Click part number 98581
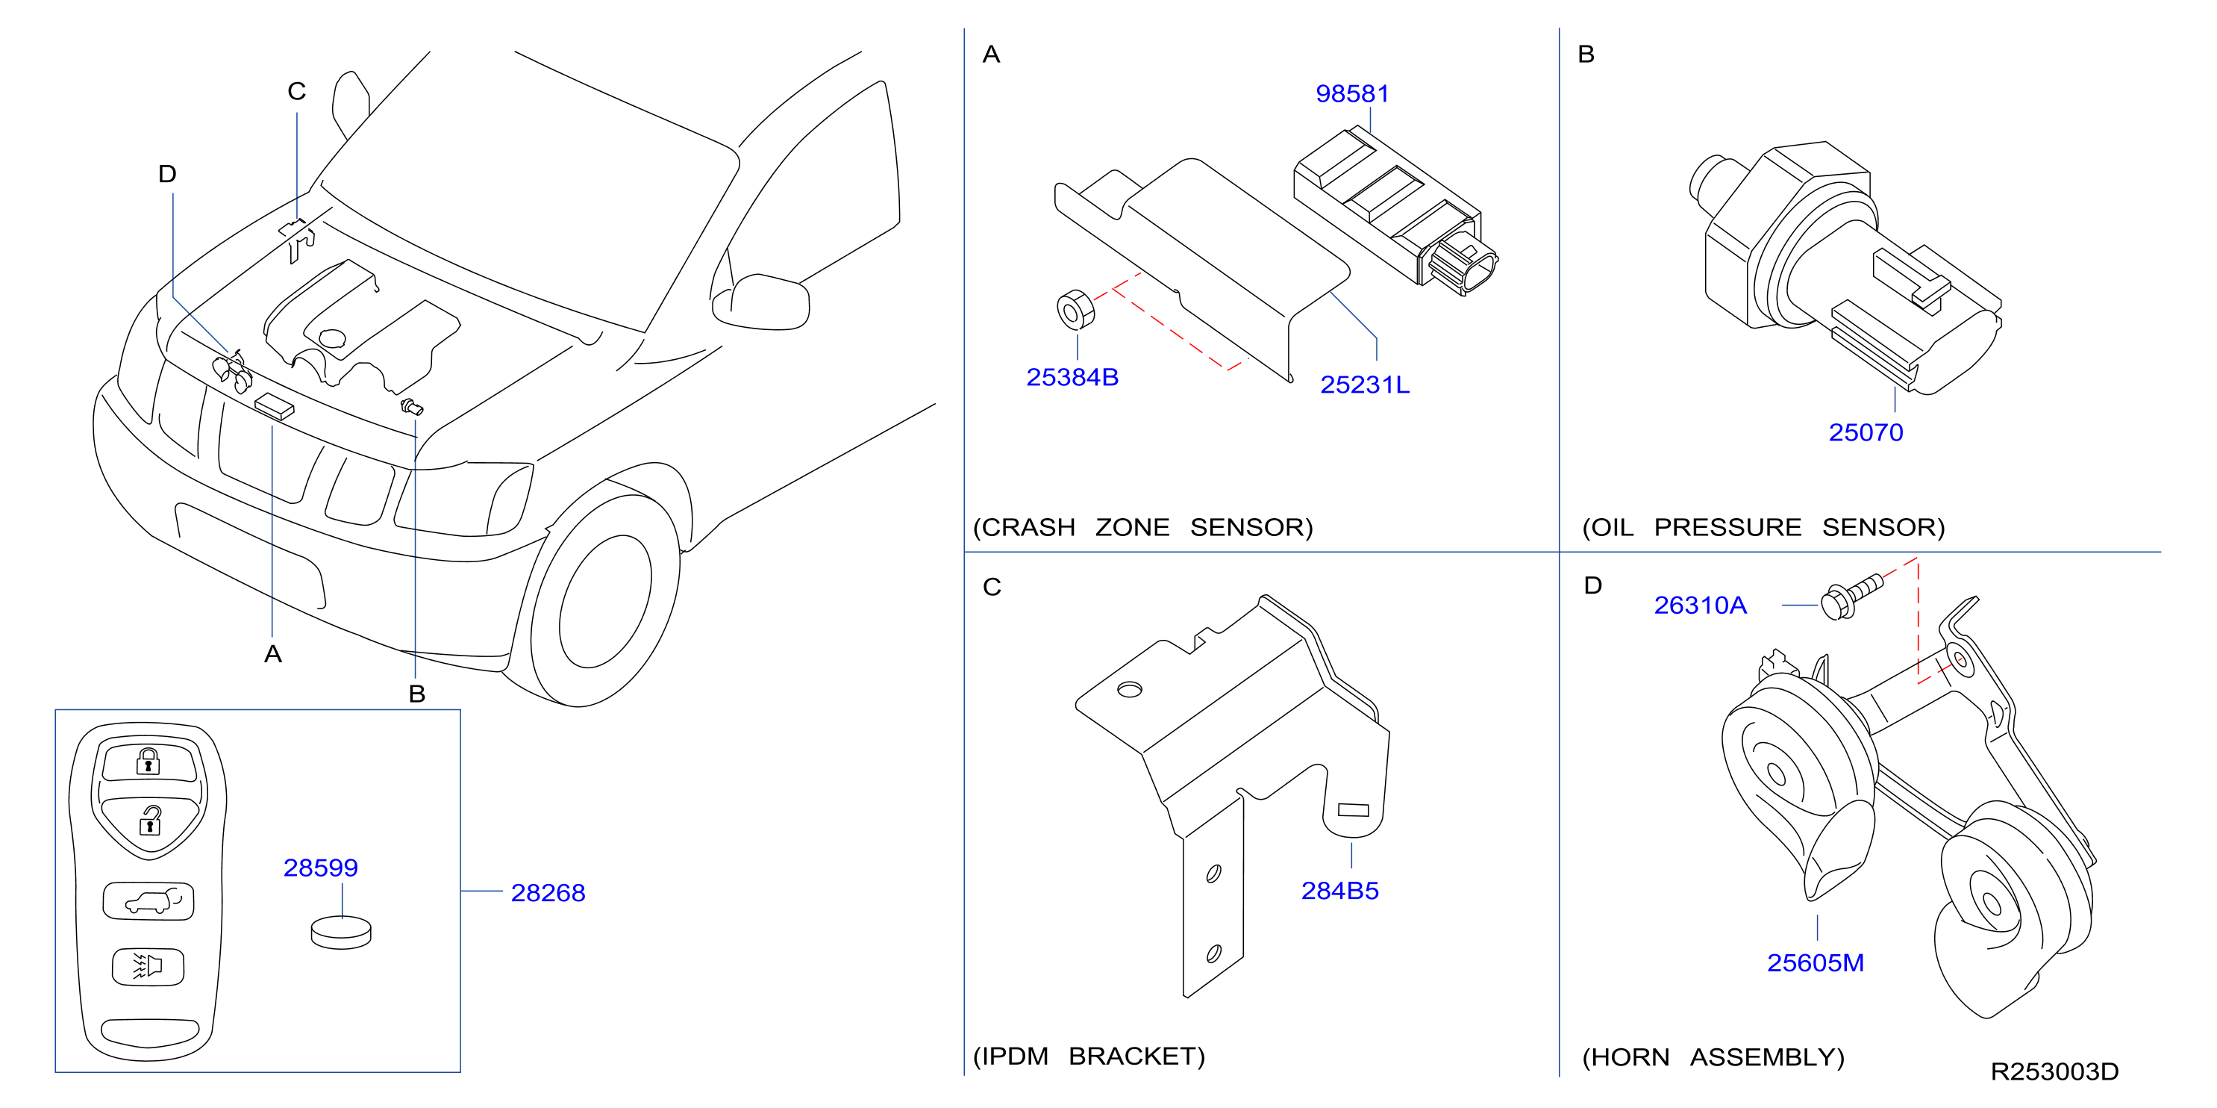pos(1352,93)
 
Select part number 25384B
pos(1072,377)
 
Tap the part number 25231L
pos(1365,385)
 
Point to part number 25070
pos(1866,432)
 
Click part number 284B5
pos(1340,890)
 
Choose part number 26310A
pos(1701,606)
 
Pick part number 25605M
pos(1816,962)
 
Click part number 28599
pos(321,868)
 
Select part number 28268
pos(548,893)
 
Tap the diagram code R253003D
pos(2055,1072)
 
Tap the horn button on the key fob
pos(148,966)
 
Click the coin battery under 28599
pos(341,933)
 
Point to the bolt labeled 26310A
pos(1851,596)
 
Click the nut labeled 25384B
pos(1075,310)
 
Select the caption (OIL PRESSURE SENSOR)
pos(1763,527)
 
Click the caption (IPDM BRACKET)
pos(1089,1056)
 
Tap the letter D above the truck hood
pos(167,174)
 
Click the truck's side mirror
pos(761,302)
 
